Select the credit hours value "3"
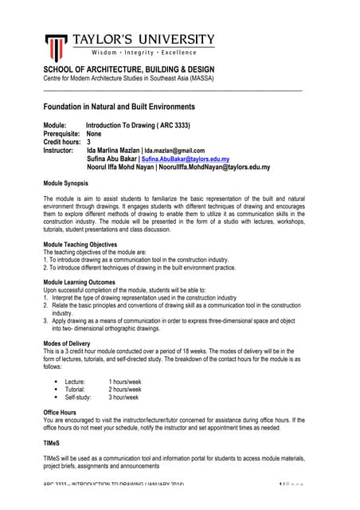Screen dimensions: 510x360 (x=88, y=142)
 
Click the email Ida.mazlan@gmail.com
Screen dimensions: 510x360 (x=175, y=151)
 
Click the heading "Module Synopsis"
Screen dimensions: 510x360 (x=66, y=182)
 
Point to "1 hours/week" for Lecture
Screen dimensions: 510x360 (x=125, y=382)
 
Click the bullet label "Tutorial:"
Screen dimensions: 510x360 (x=77, y=389)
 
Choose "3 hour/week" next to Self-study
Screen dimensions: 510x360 (x=123, y=397)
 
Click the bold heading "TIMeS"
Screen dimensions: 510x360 (x=53, y=441)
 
